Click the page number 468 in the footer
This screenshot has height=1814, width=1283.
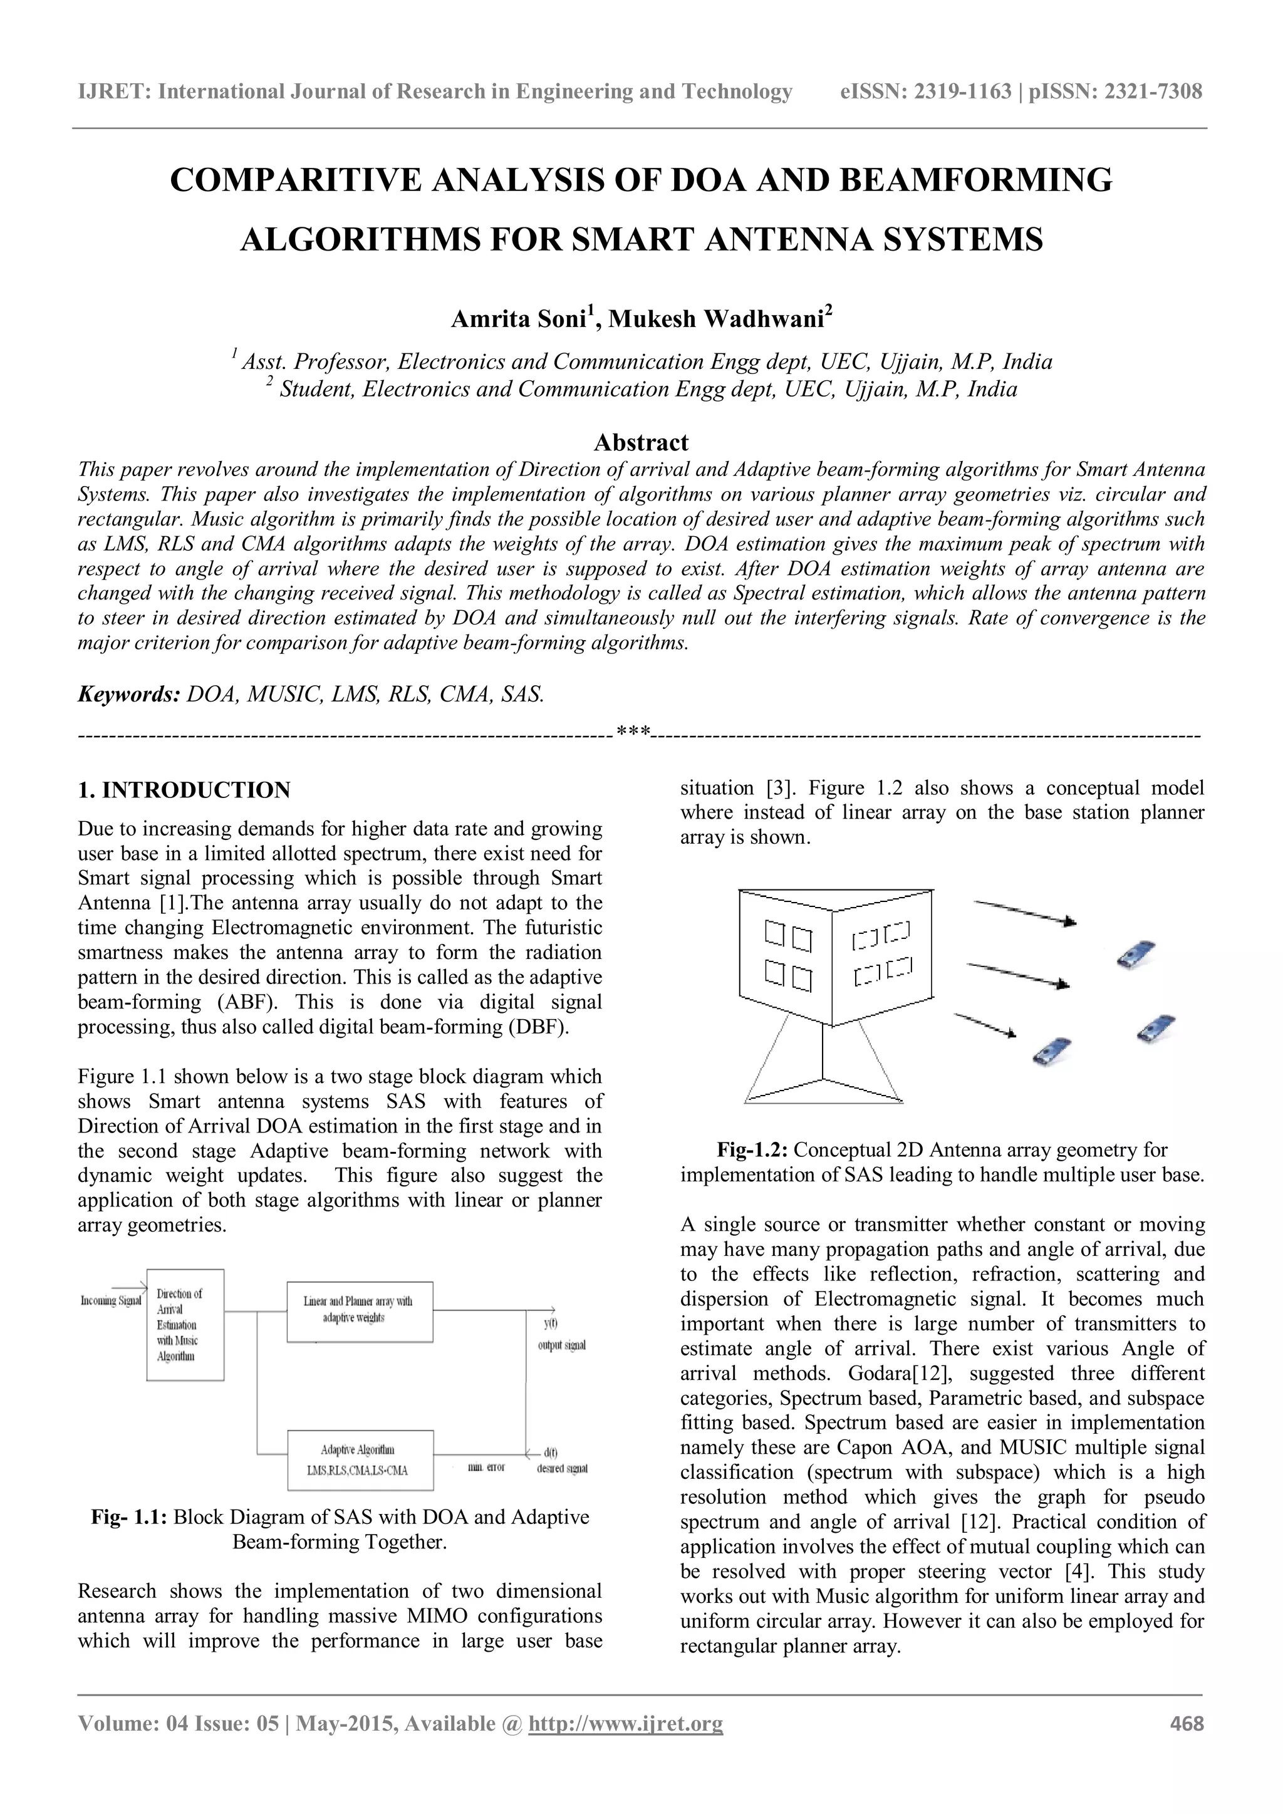pyautogui.click(x=1186, y=1745)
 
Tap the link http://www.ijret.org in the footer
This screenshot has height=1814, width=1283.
pyautogui.click(x=625, y=1745)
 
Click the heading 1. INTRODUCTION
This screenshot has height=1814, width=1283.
pyautogui.click(x=184, y=790)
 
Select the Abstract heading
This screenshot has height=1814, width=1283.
pyautogui.click(x=641, y=442)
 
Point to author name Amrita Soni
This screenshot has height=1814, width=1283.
pyautogui.click(x=521, y=319)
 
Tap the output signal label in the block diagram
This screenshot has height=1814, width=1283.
pyautogui.click(x=562, y=1345)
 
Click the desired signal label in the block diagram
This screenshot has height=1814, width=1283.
pyautogui.click(x=562, y=1469)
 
